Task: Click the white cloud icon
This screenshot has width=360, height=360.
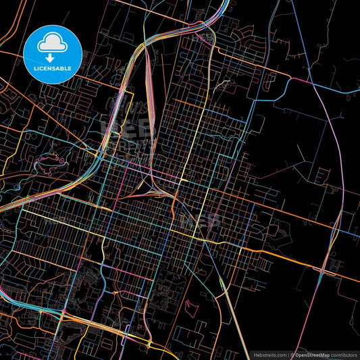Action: coord(53,42)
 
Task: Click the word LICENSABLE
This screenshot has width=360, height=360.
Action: coord(53,68)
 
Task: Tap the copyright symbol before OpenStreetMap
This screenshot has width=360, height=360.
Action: coord(293,354)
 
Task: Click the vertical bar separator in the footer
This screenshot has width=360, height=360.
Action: coord(288,354)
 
